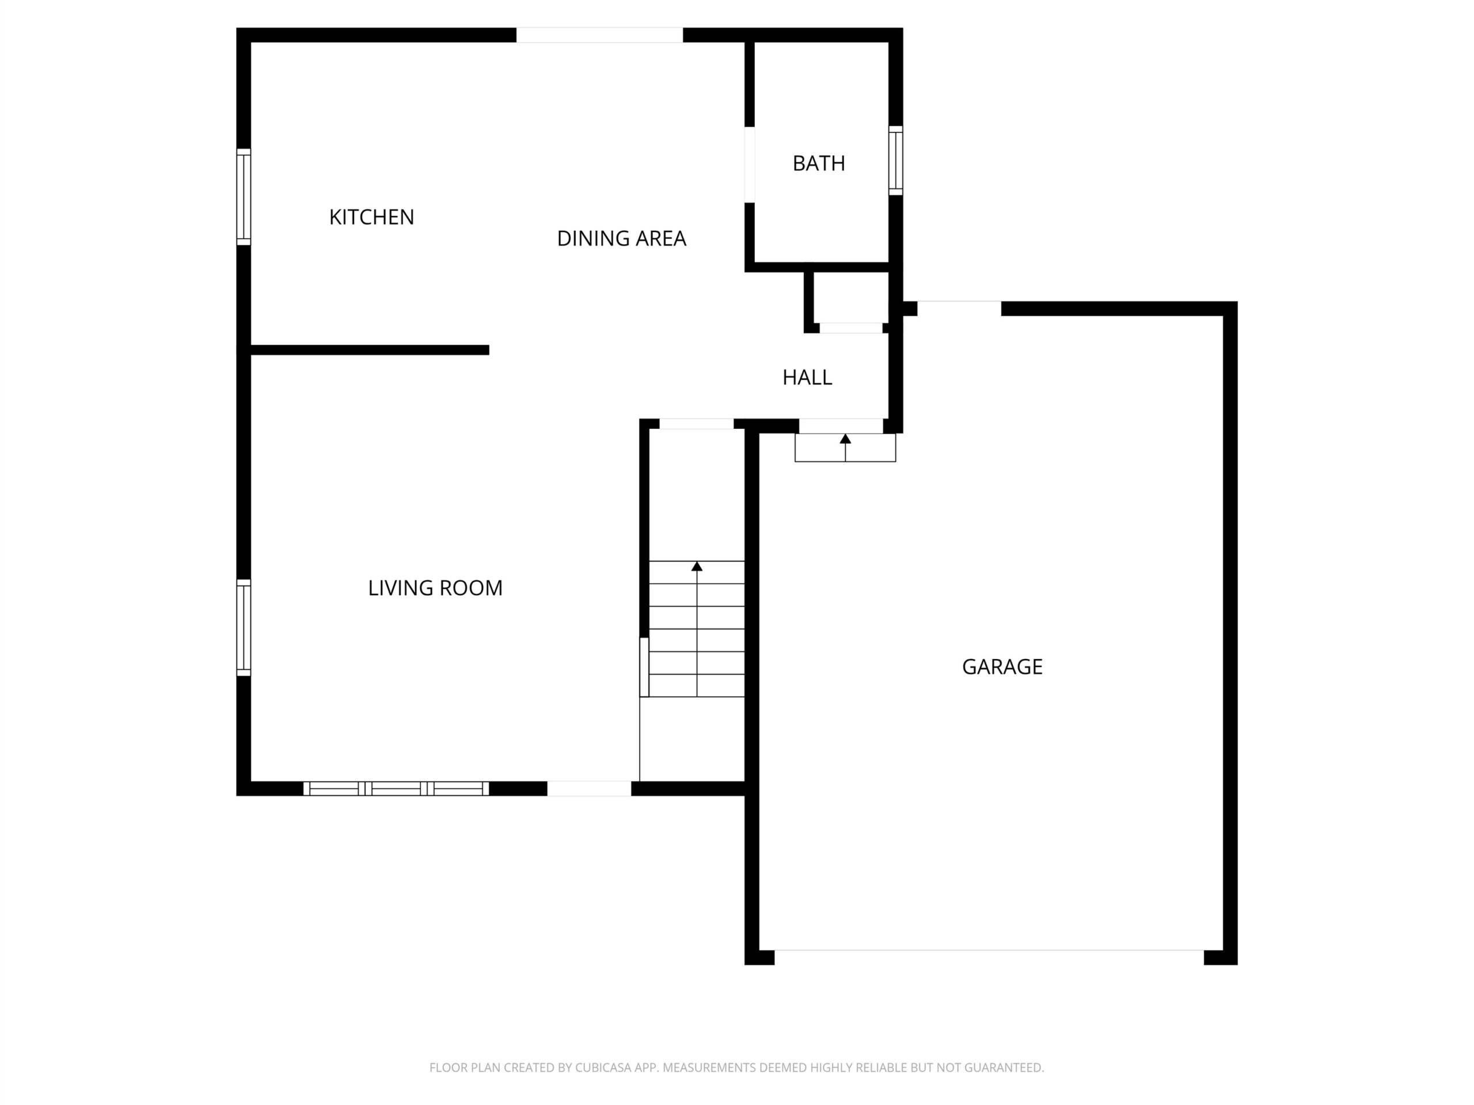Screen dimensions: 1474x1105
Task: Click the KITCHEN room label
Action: click(371, 217)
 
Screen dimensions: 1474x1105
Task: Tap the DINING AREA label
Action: click(621, 238)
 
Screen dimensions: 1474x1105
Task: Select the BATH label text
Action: click(818, 163)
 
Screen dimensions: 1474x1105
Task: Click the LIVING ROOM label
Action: click(435, 588)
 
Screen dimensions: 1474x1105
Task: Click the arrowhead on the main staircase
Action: click(697, 566)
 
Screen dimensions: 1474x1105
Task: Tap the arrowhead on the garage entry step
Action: click(845, 439)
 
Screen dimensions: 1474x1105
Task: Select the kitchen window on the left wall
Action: click(244, 197)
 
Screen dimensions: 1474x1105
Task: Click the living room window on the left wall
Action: click(244, 627)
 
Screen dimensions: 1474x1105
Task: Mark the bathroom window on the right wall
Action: click(895, 161)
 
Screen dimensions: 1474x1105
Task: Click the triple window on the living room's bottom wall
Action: click(396, 788)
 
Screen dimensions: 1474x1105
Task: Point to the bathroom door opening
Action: click(750, 165)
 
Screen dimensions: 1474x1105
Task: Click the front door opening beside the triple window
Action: click(589, 788)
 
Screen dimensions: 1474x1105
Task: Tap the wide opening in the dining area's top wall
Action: click(600, 35)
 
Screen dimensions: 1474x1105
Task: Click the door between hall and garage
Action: click(841, 426)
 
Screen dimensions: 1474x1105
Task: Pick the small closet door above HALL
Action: click(851, 327)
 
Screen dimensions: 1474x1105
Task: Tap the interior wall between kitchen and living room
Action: click(370, 350)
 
